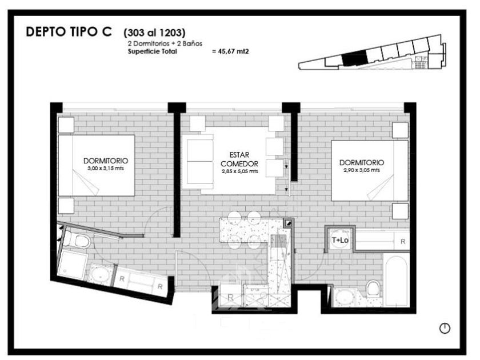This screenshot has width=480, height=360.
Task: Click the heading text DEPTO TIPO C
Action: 69,32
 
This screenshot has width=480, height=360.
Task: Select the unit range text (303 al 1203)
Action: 154,33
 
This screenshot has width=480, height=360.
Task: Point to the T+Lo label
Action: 340,241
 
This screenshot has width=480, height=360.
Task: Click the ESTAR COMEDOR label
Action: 239,159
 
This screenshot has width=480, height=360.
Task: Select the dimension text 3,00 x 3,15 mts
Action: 106,169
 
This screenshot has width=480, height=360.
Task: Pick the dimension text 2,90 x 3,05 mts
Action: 362,170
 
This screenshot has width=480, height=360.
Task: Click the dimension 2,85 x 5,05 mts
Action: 239,171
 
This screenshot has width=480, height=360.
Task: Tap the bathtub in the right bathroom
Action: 397,281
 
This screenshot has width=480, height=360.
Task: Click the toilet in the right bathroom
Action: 373,289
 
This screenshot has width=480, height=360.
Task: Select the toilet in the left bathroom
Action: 78,240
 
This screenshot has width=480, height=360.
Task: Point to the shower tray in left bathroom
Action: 73,264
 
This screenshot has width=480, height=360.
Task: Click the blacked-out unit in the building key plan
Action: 354,58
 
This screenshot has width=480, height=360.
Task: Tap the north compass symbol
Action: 445,328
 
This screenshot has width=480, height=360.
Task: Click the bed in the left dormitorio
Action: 97,165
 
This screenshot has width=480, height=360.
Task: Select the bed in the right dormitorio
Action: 370,170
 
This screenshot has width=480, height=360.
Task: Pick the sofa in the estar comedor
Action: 198,162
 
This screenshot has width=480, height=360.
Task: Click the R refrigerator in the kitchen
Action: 231,297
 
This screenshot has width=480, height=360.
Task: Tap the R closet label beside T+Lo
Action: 403,241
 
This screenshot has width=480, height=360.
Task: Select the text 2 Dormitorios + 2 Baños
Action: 165,43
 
